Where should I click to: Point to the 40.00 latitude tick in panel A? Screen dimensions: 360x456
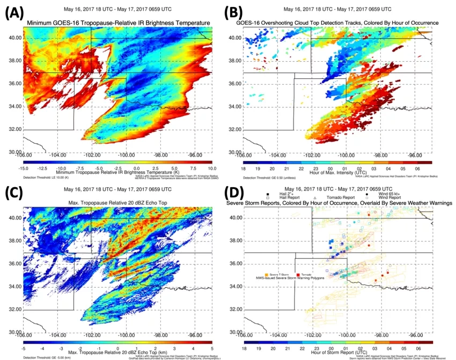point(16,38)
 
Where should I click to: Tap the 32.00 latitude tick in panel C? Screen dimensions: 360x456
point(16,310)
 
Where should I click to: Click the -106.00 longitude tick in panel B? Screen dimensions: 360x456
point(243,156)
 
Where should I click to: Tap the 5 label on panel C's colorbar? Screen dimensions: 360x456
point(212,348)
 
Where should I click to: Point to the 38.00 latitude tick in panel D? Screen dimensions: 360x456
point(236,241)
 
